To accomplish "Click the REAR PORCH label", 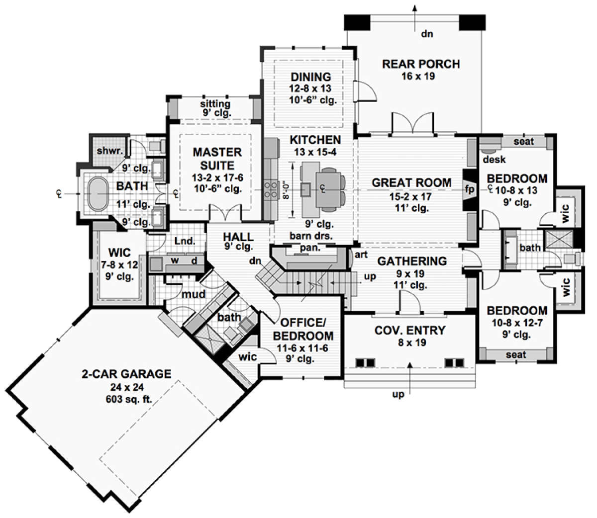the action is [x=421, y=64].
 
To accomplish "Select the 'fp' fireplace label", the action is [x=470, y=189].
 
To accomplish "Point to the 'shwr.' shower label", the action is [x=110, y=151].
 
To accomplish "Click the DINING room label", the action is [x=311, y=77].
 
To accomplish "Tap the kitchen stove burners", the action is [x=271, y=190].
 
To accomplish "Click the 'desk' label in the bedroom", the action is [x=494, y=160].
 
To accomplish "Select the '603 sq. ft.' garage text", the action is [x=129, y=399].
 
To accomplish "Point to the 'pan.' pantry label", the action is [x=309, y=248].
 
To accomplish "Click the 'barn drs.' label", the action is [x=311, y=236].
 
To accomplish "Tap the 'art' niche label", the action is [x=361, y=255].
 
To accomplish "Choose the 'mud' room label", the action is [x=194, y=294].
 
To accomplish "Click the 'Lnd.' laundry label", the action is [x=185, y=241].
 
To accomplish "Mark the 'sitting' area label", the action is [x=215, y=104].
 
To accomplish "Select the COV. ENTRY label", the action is [x=409, y=330].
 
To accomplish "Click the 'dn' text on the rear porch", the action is [x=427, y=34].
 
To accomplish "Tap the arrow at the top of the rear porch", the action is [x=415, y=17].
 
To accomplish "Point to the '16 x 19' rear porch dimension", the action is [x=418, y=77].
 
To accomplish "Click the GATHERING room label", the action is [x=412, y=261].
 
